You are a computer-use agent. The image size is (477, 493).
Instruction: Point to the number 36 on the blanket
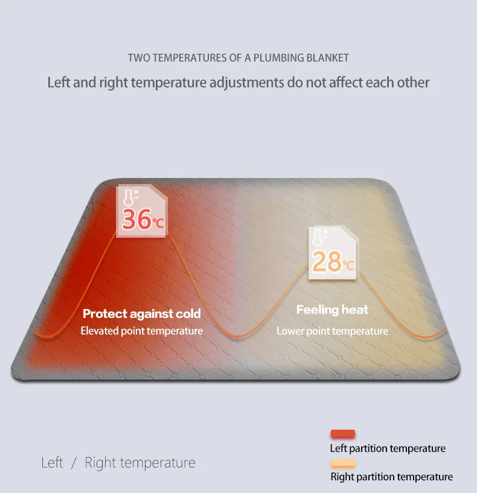pyautogui.click(x=136, y=219)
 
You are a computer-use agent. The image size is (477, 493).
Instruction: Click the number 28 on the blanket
pyautogui.click(x=327, y=261)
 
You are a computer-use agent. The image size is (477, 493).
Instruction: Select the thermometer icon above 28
pyautogui.click(x=321, y=238)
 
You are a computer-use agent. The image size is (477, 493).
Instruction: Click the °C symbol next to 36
pyautogui.click(x=158, y=223)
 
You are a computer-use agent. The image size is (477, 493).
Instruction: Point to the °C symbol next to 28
pyautogui.click(x=349, y=264)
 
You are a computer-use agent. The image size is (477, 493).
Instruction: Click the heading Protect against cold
pyautogui.click(x=142, y=314)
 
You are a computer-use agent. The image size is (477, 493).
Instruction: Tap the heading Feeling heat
pyautogui.click(x=332, y=310)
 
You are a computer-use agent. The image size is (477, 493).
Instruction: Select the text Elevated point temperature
pyautogui.click(x=142, y=331)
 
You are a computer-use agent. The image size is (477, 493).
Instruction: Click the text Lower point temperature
pyautogui.click(x=332, y=331)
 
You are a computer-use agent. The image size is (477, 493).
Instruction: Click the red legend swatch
pyautogui.click(x=343, y=434)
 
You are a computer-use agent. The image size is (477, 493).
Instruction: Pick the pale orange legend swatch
pyautogui.click(x=343, y=463)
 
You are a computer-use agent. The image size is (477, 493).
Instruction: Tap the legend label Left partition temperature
pyautogui.click(x=388, y=448)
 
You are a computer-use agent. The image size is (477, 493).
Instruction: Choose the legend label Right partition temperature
pyautogui.click(x=391, y=477)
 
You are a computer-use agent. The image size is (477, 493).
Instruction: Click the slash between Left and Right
pyautogui.click(x=74, y=463)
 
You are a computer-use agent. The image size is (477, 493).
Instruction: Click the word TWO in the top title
pyautogui.click(x=139, y=58)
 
